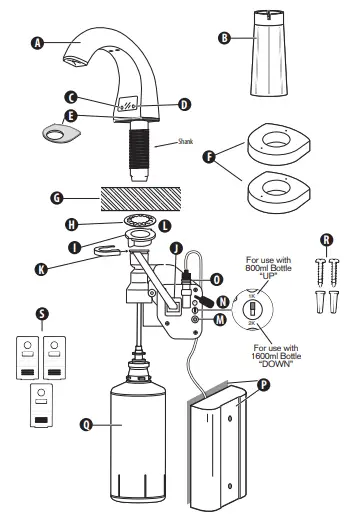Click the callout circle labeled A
[39, 43]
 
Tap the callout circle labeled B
[224, 38]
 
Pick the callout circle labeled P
[262, 383]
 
